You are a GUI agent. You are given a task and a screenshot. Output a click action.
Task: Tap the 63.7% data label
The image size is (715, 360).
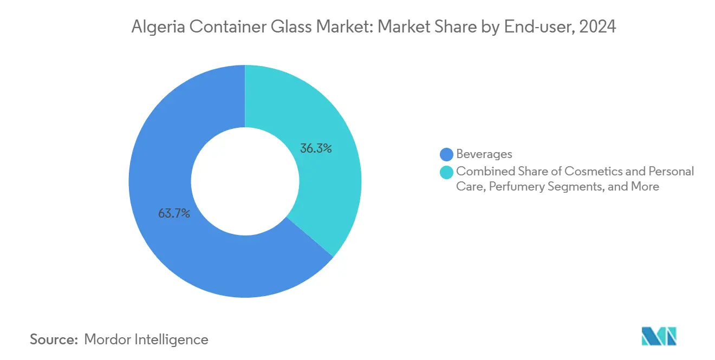coord(174,213)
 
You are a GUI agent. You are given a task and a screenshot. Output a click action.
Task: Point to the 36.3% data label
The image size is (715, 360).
coord(316,148)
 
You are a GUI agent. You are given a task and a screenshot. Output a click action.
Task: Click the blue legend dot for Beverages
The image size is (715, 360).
coord(447,154)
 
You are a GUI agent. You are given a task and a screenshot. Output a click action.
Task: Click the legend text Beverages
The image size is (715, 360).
coord(484,154)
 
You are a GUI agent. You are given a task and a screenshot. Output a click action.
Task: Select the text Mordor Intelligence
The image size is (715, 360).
coord(146,339)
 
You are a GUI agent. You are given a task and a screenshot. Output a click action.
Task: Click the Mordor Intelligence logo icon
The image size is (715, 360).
coord(659,336)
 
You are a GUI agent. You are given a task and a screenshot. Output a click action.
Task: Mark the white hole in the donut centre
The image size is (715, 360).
coord(245,181)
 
